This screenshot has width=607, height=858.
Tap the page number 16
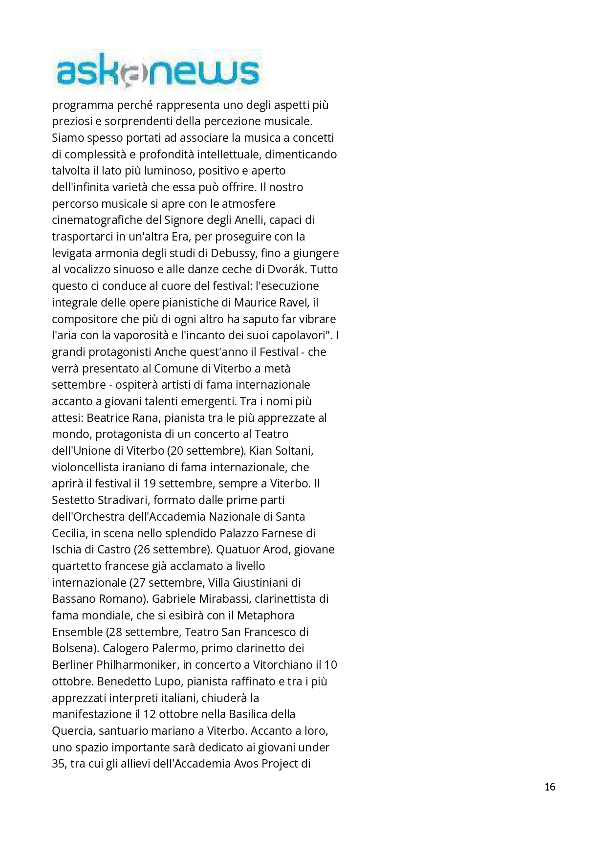pyautogui.click(x=550, y=787)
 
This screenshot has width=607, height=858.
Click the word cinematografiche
pyautogui.click(x=97, y=220)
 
